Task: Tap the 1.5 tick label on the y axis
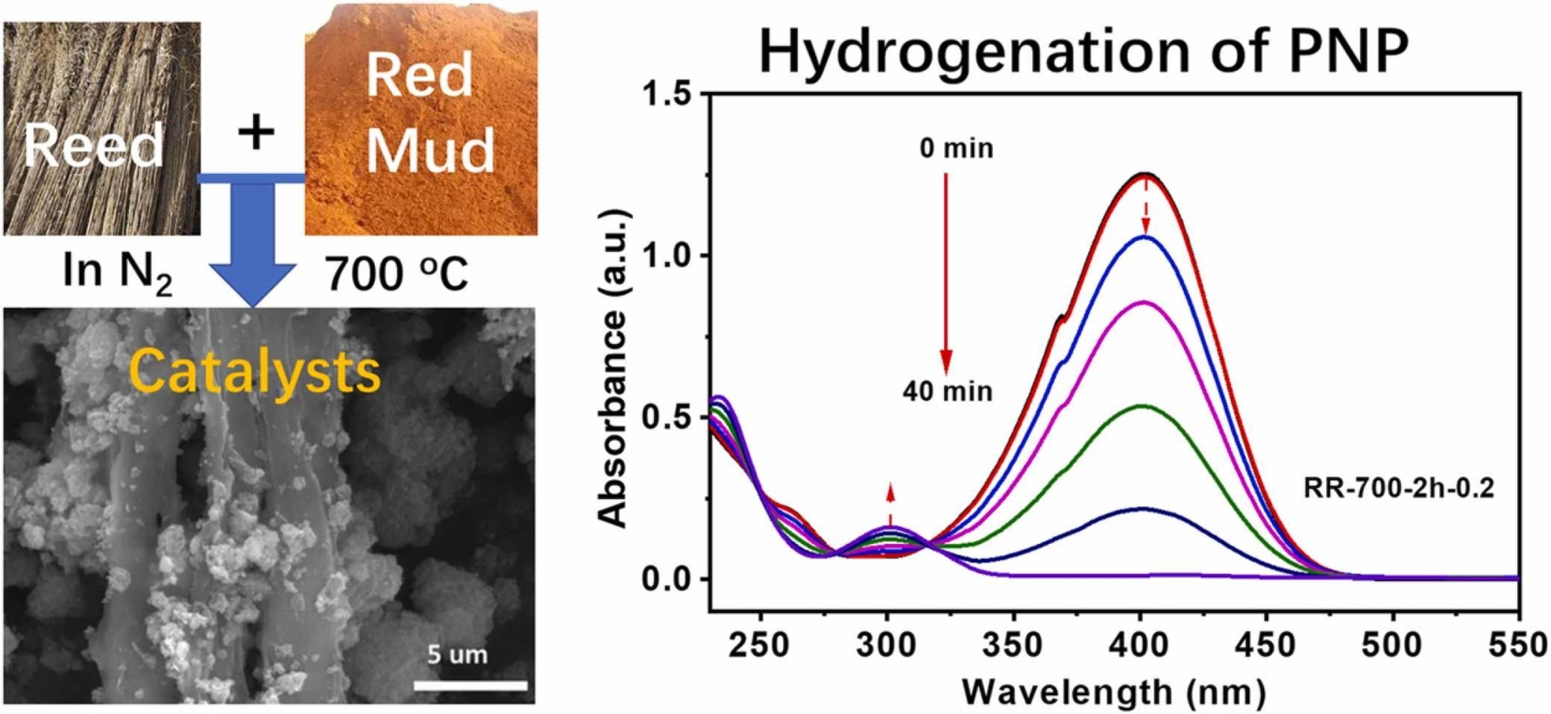click(x=667, y=95)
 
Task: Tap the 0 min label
click(x=957, y=148)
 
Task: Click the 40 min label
click(x=947, y=392)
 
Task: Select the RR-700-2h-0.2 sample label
click(x=1399, y=488)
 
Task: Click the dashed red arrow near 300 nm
click(x=890, y=504)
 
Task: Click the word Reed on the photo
click(x=94, y=147)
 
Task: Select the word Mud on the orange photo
click(x=430, y=150)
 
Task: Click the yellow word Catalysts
click(x=255, y=372)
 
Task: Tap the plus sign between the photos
click(x=256, y=132)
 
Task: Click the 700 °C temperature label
click(x=397, y=274)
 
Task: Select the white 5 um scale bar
click(x=471, y=686)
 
